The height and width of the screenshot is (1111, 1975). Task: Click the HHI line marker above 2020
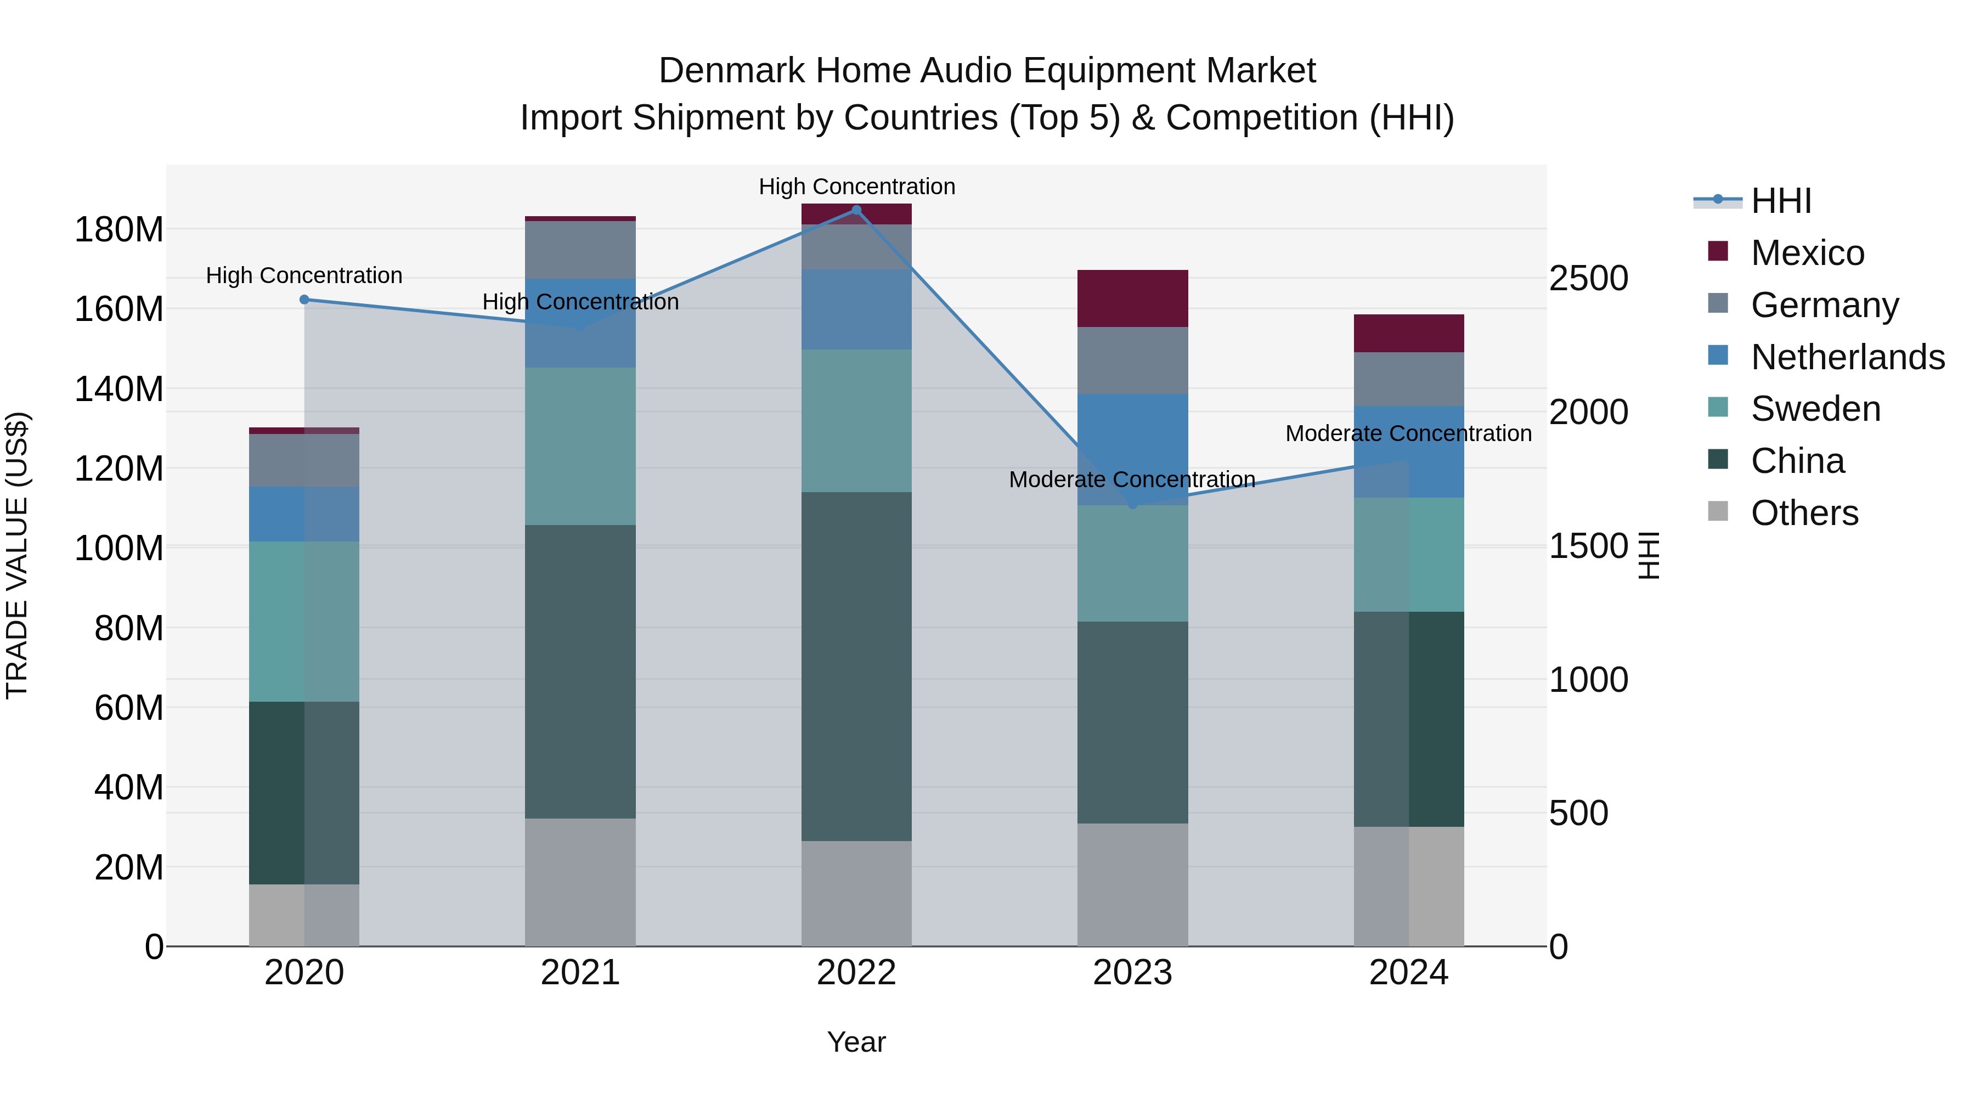[x=304, y=300]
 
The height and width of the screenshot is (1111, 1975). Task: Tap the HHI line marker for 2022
[x=856, y=210]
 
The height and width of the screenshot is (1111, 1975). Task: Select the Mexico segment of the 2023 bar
[x=1132, y=298]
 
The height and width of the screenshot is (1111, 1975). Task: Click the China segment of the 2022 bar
[x=856, y=666]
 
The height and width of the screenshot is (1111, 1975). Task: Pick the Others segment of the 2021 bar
[x=580, y=882]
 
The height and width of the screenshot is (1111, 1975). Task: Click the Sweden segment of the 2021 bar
[x=580, y=445]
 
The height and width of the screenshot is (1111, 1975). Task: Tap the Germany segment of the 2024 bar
[x=1408, y=379]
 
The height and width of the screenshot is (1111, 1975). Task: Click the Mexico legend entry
[x=1807, y=253]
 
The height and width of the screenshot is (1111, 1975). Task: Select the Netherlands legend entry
[x=1847, y=357]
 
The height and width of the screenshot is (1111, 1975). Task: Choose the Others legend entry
[x=1804, y=513]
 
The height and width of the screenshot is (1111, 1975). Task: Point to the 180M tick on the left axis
[x=119, y=229]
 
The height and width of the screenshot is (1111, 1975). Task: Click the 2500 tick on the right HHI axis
[x=1588, y=278]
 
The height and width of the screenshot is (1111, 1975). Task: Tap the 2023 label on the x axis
[x=1132, y=973]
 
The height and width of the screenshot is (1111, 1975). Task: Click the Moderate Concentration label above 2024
[x=1408, y=433]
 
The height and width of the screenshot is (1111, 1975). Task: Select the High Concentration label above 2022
[x=856, y=187]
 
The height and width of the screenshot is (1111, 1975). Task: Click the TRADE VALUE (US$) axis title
[x=17, y=555]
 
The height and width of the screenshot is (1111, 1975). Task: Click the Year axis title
[x=856, y=1042]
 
